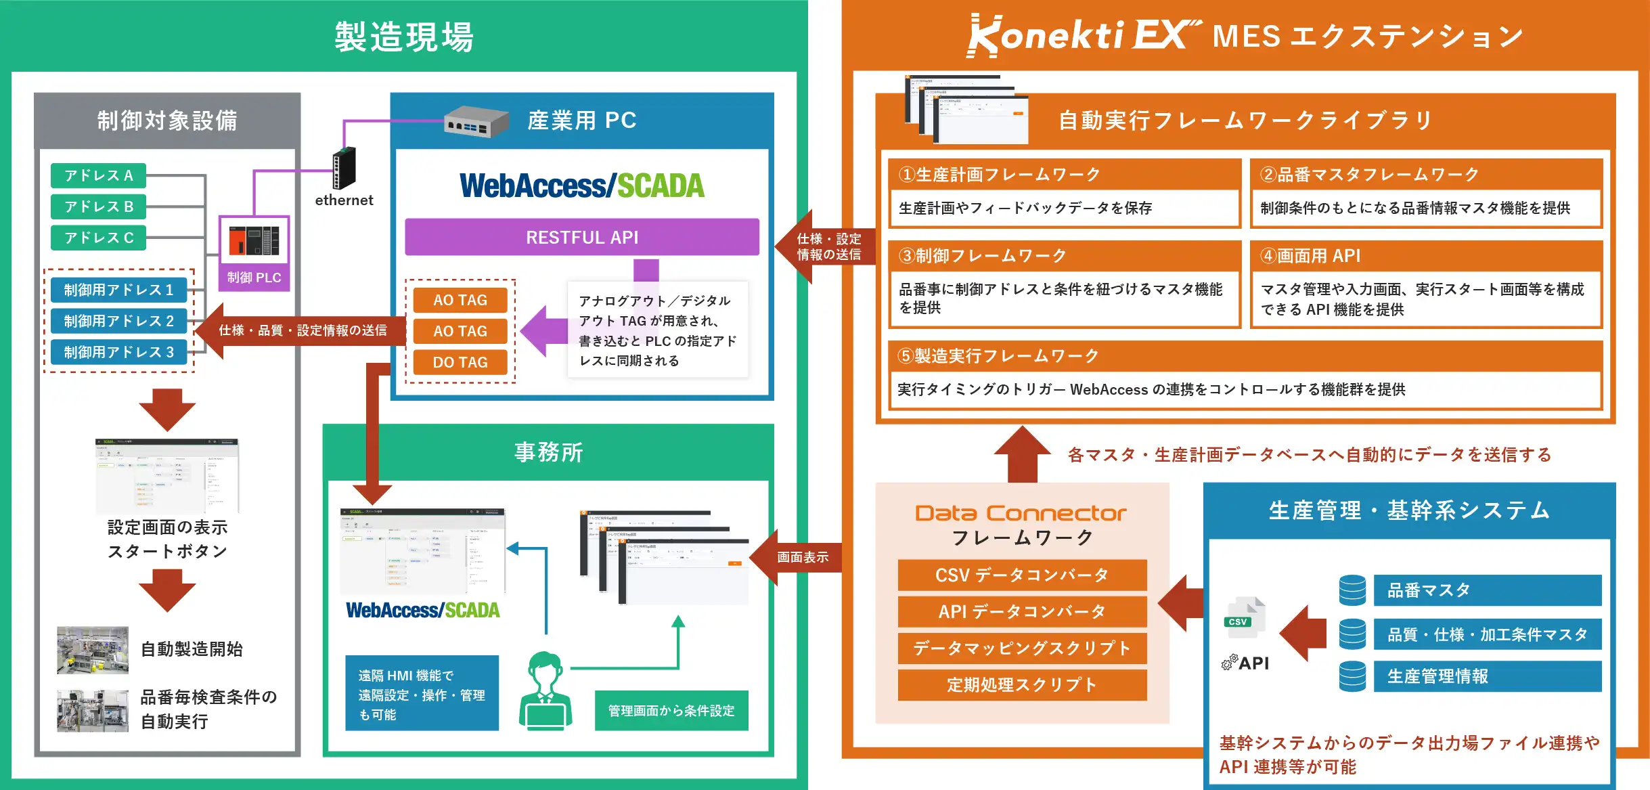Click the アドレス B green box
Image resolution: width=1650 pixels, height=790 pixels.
pos(99,206)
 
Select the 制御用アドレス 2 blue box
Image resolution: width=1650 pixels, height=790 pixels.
pos(119,321)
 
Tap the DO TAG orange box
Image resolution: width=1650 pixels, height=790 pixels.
pos(460,362)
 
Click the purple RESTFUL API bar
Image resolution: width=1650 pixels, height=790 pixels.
pos(582,238)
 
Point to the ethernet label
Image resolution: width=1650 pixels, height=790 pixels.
pos(344,200)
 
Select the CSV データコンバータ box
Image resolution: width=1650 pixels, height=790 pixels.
pos(1022,575)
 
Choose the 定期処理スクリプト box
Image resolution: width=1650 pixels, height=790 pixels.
pos(1022,685)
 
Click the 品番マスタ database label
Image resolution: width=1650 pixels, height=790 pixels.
pos(1487,590)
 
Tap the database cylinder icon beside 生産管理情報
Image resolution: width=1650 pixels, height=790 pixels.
pos(1352,676)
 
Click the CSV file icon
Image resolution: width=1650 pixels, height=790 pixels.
pos(1244,616)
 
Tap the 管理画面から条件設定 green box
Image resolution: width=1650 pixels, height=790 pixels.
pos(671,711)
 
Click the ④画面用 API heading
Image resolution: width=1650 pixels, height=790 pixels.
pos(1310,256)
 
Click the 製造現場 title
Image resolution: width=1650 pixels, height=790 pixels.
pos(404,37)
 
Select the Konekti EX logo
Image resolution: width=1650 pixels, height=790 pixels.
pos(1083,35)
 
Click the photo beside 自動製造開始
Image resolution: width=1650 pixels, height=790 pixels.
pos(93,650)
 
